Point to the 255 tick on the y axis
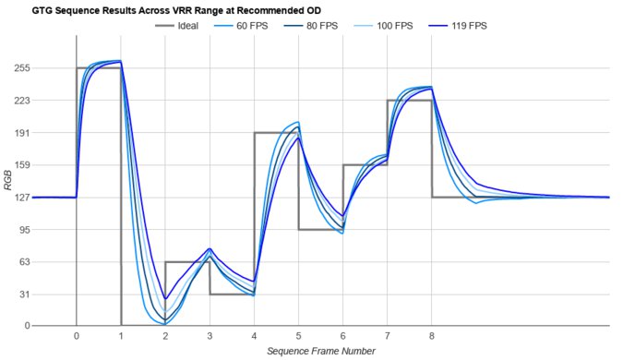tap(22, 68)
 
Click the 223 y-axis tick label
tap(22, 101)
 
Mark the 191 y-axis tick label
tap(22, 133)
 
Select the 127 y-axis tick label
tap(22, 198)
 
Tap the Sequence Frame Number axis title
tap(320, 352)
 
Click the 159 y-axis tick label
tap(22, 165)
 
